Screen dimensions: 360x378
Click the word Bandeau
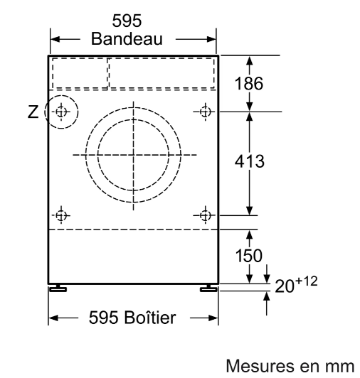(x=127, y=38)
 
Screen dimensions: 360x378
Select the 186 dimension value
(x=249, y=83)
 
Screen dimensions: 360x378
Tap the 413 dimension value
(x=250, y=161)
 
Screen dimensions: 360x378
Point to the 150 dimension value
(x=249, y=255)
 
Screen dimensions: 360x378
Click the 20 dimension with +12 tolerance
(x=296, y=284)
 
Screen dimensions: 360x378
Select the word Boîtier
(x=149, y=317)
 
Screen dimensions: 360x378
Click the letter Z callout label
(x=33, y=112)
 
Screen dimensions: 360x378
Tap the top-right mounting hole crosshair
(x=205, y=112)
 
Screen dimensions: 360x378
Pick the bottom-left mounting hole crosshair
(x=61, y=215)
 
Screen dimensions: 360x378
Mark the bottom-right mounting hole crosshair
(x=205, y=215)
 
